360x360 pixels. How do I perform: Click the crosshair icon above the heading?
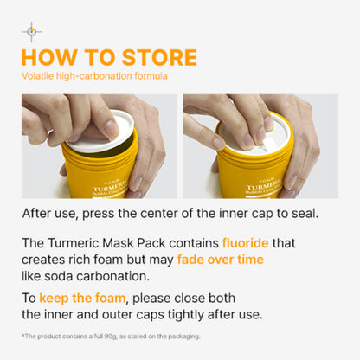(x=31, y=33)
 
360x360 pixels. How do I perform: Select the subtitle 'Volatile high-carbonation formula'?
(x=94, y=76)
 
